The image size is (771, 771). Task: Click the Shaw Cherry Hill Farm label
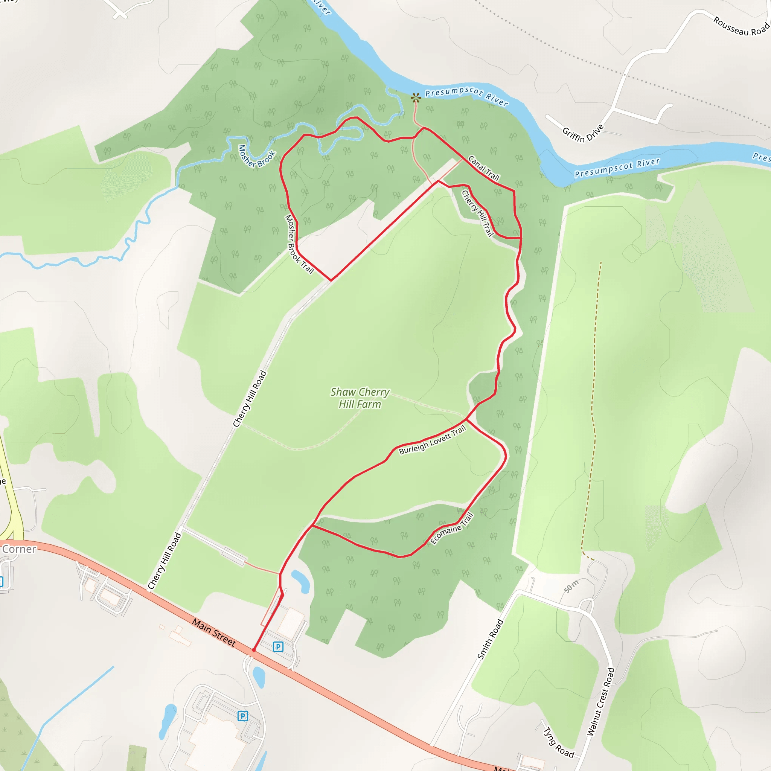(360, 398)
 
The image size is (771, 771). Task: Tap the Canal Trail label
(483, 168)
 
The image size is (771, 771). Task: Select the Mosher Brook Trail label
(299, 244)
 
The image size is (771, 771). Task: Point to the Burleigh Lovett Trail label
(432, 440)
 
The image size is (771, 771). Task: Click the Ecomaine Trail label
(452, 528)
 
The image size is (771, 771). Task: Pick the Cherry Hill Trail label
(477, 213)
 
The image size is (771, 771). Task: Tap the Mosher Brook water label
(257, 155)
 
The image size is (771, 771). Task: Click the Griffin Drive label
(583, 134)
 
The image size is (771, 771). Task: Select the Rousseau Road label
(741, 26)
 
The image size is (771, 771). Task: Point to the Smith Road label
(490, 638)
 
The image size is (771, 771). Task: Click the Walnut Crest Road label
(600, 701)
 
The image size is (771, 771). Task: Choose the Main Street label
(214, 632)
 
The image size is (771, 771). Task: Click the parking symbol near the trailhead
(278, 646)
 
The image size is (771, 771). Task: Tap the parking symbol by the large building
(242, 716)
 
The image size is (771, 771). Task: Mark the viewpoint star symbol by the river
(416, 98)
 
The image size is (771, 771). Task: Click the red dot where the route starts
(253, 650)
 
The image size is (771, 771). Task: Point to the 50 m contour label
(571, 587)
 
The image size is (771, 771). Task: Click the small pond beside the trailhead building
(301, 581)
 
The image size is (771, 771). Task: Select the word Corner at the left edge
(19, 549)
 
